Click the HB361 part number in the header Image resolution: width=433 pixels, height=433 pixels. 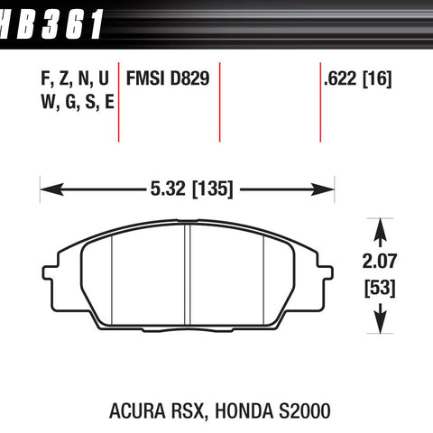point(51,24)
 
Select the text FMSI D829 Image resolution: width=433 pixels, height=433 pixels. point(168,78)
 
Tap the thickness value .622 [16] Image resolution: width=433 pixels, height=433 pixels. point(358,78)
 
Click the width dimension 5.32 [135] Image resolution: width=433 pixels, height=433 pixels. point(191,189)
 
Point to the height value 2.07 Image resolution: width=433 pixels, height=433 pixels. point(380,261)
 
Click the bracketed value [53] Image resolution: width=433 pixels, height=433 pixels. point(380,288)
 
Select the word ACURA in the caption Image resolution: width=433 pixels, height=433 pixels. point(137,411)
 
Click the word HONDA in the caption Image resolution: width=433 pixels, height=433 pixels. point(244,411)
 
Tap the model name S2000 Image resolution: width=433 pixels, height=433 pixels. point(305,411)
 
